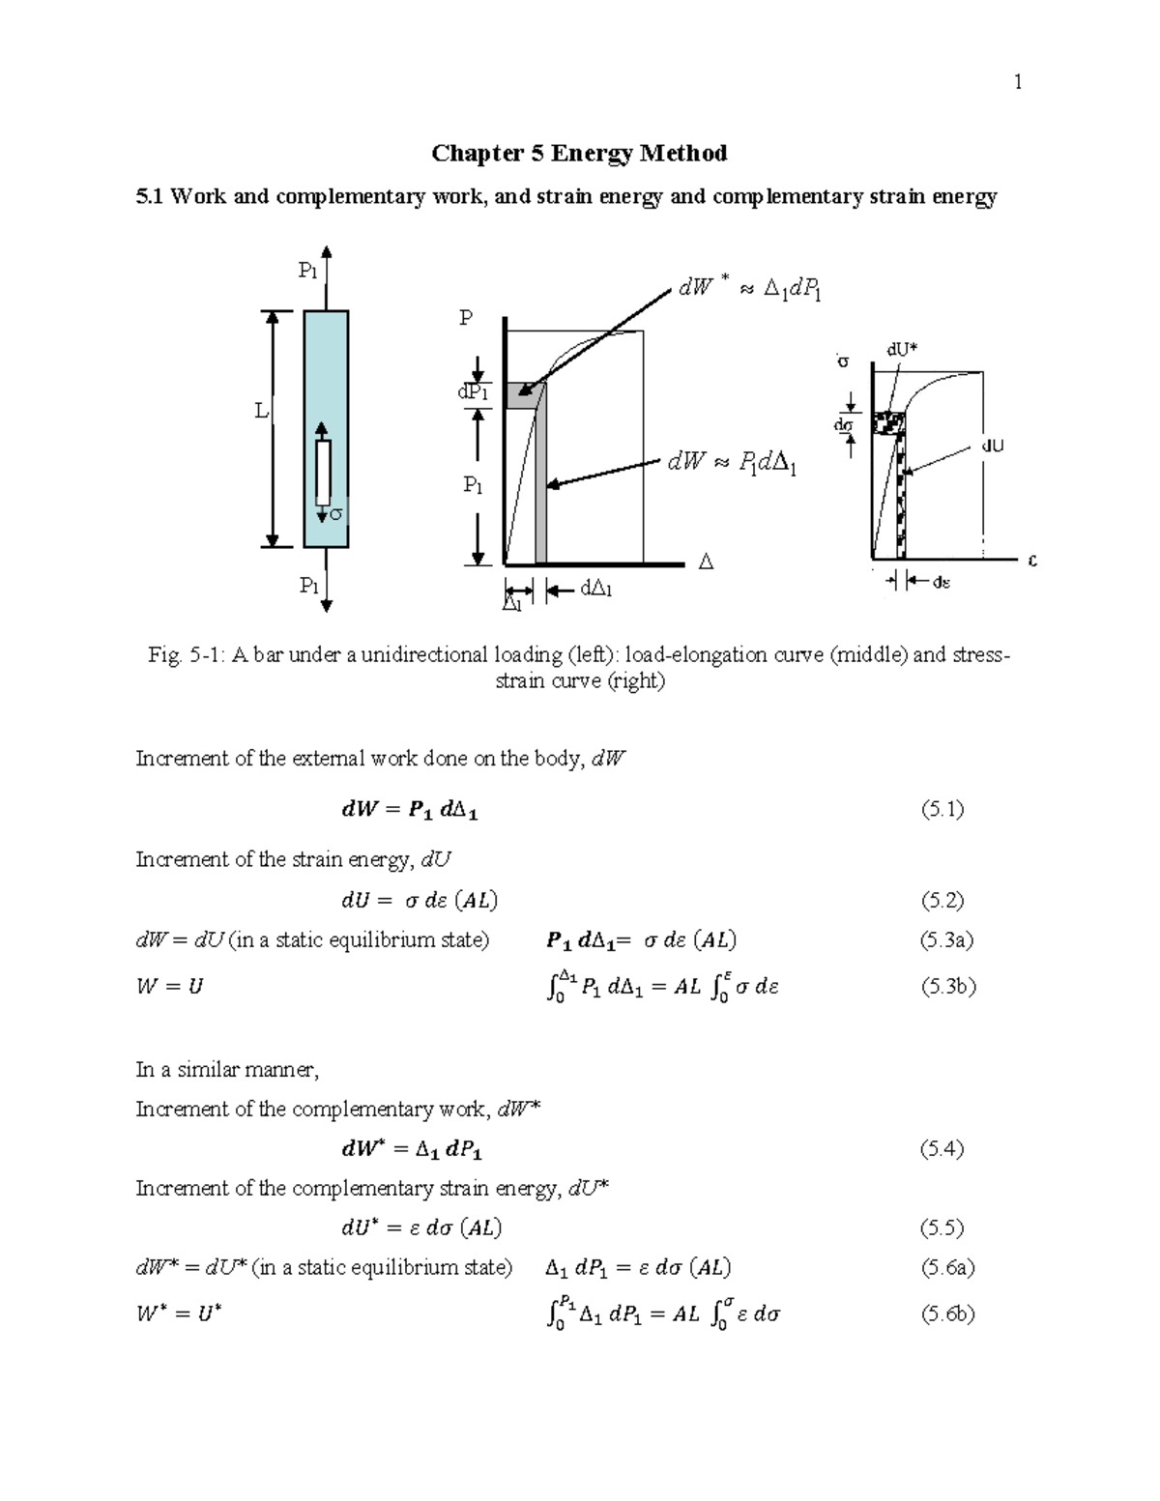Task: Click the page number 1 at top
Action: click(1018, 82)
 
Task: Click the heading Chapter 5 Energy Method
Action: click(579, 153)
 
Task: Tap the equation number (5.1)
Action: click(942, 810)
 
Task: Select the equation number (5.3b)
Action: click(948, 987)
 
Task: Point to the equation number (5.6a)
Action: click(947, 1267)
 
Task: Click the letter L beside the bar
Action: click(260, 411)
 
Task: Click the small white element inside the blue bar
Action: click(323, 472)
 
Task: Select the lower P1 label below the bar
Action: click(308, 585)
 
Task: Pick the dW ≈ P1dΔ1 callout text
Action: click(732, 464)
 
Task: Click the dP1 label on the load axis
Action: click(473, 392)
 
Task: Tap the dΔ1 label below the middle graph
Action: click(595, 589)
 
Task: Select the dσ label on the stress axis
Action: click(843, 424)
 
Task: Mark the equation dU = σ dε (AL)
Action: click(419, 901)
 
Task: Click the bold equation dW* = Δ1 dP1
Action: click(412, 1150)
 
